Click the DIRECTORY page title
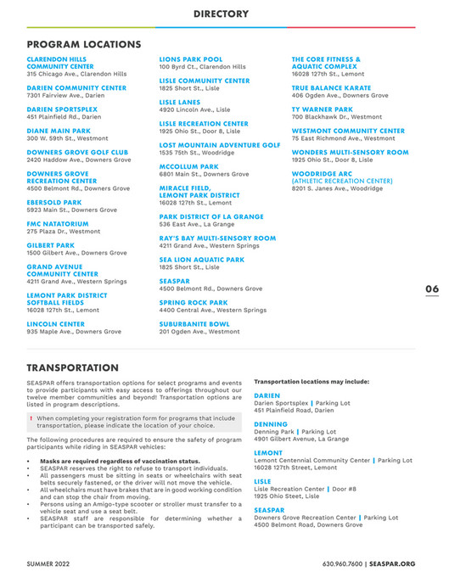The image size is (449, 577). click(x=221, y=14)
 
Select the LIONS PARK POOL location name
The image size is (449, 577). click(x=191, y=59)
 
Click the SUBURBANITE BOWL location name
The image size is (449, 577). click(x=194, y=324)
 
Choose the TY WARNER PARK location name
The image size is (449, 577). click(x=322, y=109)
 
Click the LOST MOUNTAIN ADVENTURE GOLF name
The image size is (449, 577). click(x=220, y=145)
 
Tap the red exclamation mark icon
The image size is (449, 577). click(x=31, y=418)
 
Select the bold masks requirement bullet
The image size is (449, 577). click(x=120, y=461)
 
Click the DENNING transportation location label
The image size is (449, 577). click(x=271, y=424)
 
